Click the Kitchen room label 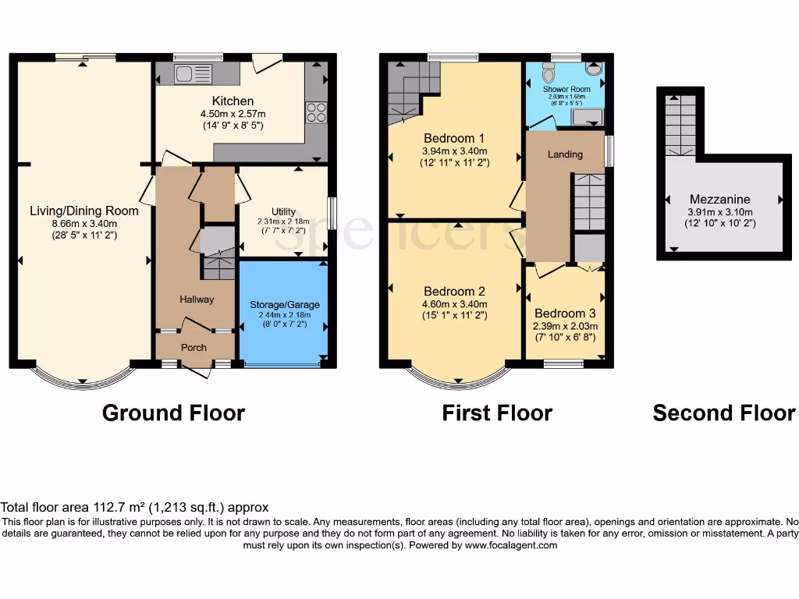tap(233, 101)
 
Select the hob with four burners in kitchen tap(316, 112)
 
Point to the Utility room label tap(283, 211)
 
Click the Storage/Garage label tap(284, 304)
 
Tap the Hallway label tap(197, 299)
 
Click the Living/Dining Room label tap(83, 211)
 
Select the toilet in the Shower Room tap(548, 73)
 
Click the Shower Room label tap(566, 90)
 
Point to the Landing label tap(565, 154)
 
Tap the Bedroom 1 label tap(454, 138)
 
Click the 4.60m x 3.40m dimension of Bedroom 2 tap(454, 304)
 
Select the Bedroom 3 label tap(565, 314)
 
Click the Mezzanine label tap(719, 199)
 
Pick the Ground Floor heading tap(173, 413)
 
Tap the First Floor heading tap(497, 413)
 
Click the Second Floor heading tap(724, 413)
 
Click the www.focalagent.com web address tap(511, 545)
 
